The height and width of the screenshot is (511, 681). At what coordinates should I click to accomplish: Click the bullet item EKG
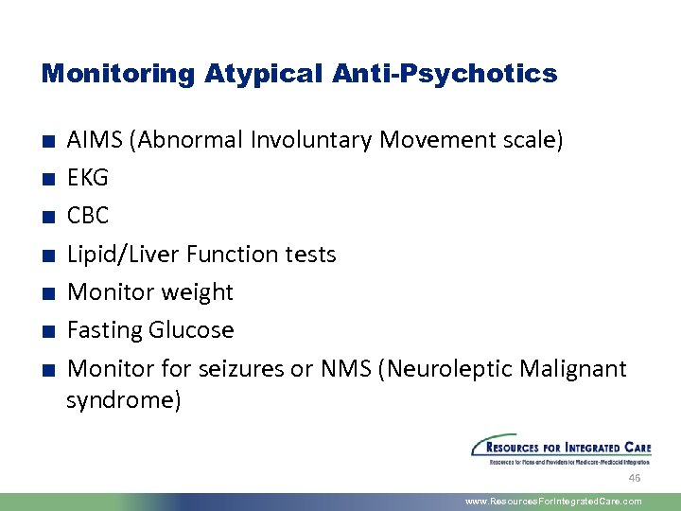(88, 178)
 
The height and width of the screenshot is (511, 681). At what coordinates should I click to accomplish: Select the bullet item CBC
(88, 216)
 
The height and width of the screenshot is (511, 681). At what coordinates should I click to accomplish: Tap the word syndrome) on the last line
(123, 400)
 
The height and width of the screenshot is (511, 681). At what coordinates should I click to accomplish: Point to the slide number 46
(635, 478)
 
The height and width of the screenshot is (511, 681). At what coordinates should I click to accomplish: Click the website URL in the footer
(553, 502)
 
